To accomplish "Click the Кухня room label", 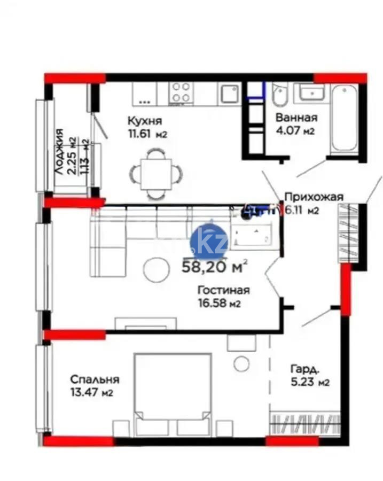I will pyautogui.click(x=140, y=120).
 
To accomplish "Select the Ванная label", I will pyautogui.click(x=296, y=118).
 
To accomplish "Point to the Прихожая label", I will pyautogui.click(x=313, y=196).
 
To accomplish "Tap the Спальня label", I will pyautogui.click(x=95, y=379).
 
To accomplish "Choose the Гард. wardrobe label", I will pyautogui.click(x=306, y=369).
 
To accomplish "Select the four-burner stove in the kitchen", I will pyautogui.click(x=181, y=92).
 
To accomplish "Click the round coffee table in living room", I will pyautogui.click(x=156, y=269).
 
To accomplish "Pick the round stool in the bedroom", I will pyautogui.click(x=242, y=364).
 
